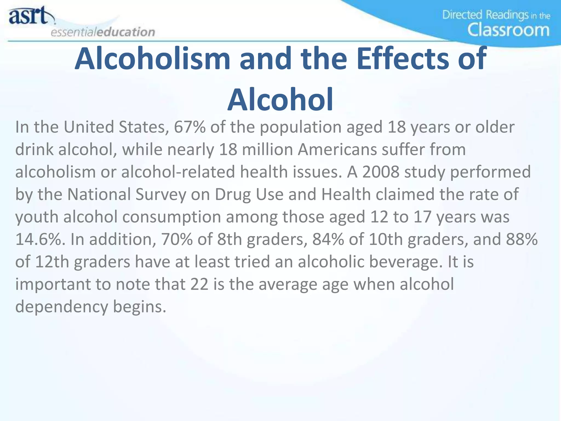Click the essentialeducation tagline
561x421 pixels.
pos(103,32)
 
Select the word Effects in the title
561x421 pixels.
pos(403,58)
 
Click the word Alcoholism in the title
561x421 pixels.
pos(152,58)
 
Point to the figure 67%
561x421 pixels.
pos(190,127)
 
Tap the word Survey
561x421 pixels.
pos(161,195)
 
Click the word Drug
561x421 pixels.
pos(233,195)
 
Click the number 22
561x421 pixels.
pos(199,284)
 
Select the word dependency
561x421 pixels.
pos(62,307)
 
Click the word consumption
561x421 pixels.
pos(171,217)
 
